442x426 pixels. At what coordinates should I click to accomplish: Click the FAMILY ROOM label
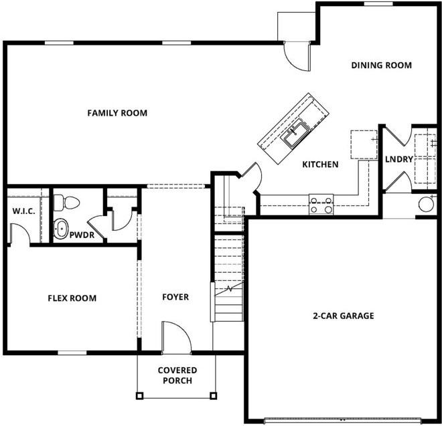(117, 113)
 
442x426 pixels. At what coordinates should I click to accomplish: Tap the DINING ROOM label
(381, 66)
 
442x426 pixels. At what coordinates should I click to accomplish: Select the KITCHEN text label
(320, 165)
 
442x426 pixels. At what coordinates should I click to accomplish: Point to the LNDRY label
(397, 160)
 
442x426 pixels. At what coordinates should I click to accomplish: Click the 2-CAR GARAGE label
(343, 316)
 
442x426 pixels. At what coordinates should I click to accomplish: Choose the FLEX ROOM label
(72, 298)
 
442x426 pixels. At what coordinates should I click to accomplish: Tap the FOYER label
(175, 297)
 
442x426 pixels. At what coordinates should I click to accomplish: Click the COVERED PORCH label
(177, 375)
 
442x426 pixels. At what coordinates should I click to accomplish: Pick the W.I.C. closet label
(23, 212)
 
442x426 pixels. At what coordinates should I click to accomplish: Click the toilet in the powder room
(67, 202)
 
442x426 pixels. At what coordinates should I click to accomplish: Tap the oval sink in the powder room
(62, 229)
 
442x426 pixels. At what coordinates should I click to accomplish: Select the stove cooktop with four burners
(321, 203)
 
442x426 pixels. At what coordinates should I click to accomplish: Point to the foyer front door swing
(176, 338)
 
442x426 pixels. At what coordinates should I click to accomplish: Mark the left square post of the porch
(139, 395)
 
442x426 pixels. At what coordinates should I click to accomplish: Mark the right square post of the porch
(215, 395)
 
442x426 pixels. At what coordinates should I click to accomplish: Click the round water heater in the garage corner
(425, 204)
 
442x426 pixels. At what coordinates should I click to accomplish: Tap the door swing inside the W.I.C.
(19, 233)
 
